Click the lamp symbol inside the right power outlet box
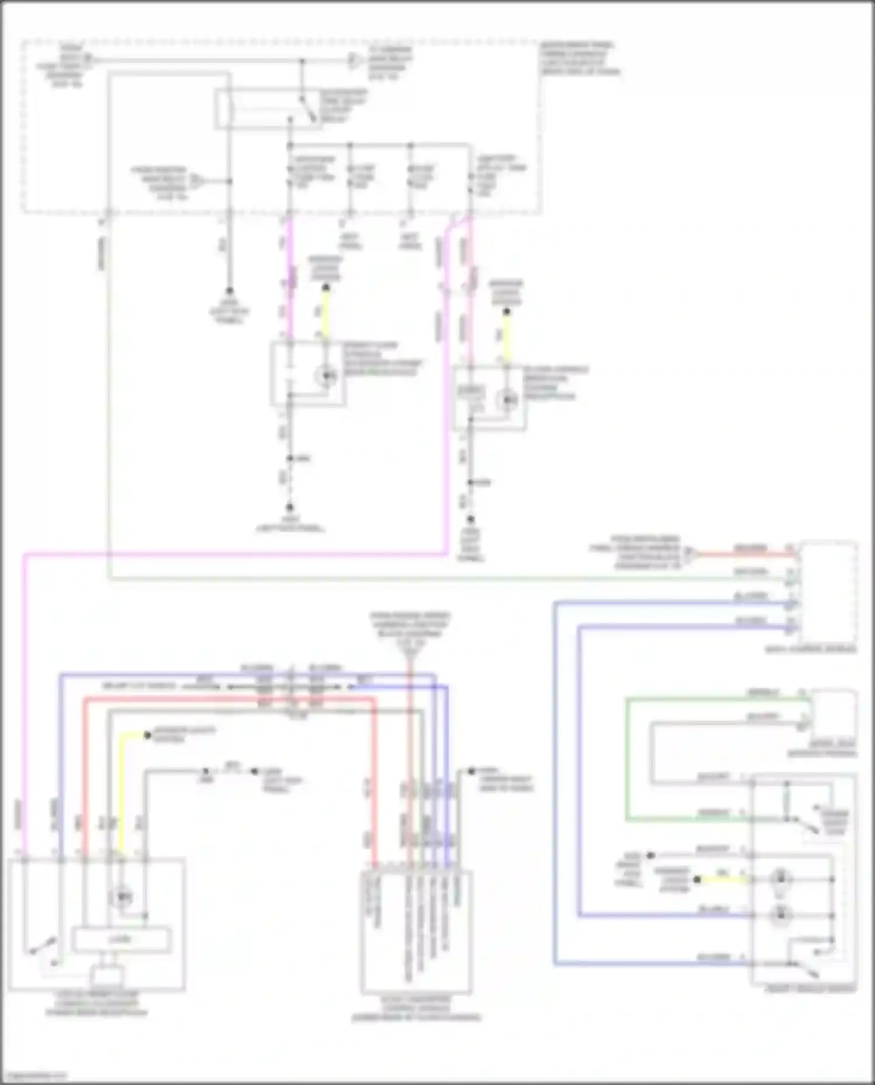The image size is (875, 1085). [508, 401]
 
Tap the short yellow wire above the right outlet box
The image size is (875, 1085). [506, 336]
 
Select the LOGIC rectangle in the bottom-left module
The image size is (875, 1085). [121, 939]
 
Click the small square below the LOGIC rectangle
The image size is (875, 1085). [107, 975]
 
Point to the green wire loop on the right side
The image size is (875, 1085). [627, 758]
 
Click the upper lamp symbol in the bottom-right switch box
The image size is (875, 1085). [780, 879]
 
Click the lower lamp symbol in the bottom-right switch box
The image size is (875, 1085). [780, 915]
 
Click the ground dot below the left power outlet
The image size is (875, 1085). [289, 508]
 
